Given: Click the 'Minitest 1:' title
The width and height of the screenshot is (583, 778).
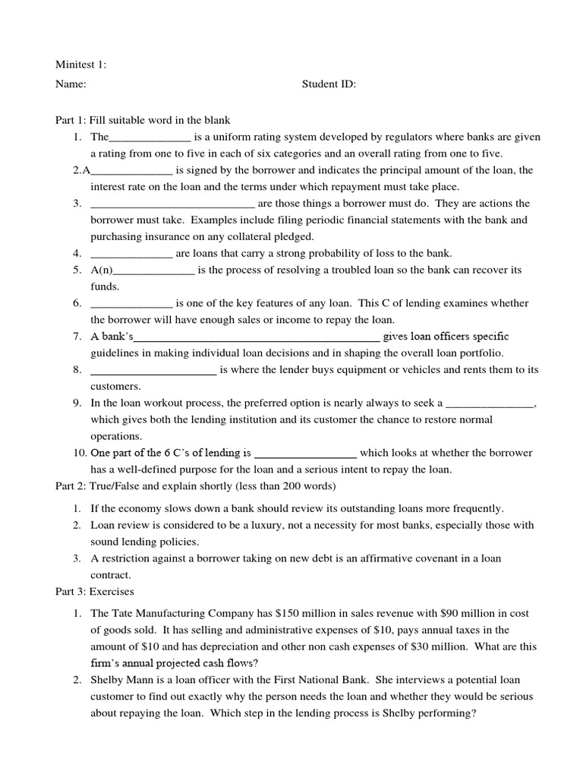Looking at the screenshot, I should click(81, 65).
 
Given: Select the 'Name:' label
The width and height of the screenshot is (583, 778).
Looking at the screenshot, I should click(71, 84).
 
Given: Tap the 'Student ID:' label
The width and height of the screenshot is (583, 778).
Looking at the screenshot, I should click(329, 84).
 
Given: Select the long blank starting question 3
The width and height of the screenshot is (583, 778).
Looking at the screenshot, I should click(172, 204).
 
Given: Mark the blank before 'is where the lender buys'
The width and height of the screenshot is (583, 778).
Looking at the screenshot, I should click(153, 370).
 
